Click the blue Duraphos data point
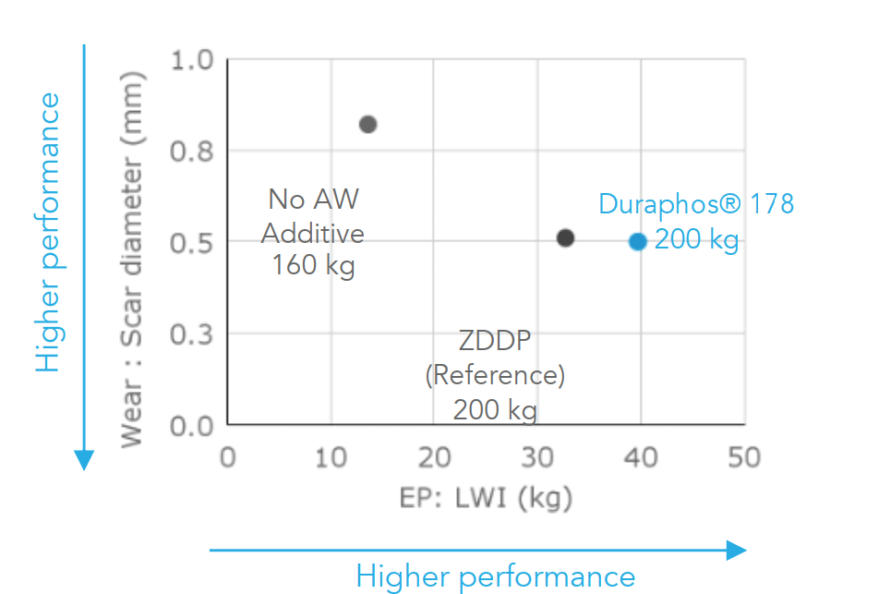pos(637,242)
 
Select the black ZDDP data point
pos(566,237)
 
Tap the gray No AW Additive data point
pos(367,124)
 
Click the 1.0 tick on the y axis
pos(192,60)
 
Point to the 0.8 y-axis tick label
pos(192,152)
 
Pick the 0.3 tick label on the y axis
pos(192,334)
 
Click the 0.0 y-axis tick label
pos(192,426)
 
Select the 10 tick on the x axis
pos(331,457)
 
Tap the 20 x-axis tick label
pos(435,457)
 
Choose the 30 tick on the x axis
pos(537,457)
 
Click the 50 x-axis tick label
pos(744,457)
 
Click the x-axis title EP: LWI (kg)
pos(486,499)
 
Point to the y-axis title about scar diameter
pos(133,260)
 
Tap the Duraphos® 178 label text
pos(696,203)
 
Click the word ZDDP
pos(495,341)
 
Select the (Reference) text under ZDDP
pos(495,375)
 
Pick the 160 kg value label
pos(313,265)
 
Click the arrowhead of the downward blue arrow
pos(84,460)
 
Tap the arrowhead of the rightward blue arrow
pos(737,551)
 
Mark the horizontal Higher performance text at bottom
pos(496,577)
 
